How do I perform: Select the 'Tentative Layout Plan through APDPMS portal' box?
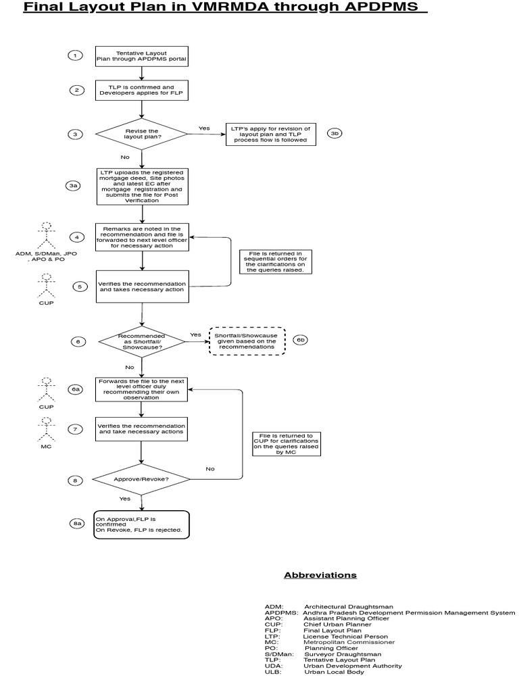[141, 56]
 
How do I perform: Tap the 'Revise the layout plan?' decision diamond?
[141, 134]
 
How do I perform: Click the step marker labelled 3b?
[335, 133]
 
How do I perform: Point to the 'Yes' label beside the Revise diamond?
[204, 128]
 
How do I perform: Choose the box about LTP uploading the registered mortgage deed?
[141, 186]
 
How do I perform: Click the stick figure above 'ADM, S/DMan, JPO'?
[47, 234]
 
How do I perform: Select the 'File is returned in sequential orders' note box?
[275, 262]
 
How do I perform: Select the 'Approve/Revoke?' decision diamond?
[141, 479]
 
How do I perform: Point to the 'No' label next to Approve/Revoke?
[210, 468]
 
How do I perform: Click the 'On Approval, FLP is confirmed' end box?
[141, 524]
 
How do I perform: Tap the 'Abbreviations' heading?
[320, 575]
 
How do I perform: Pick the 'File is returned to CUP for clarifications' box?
[287, 444]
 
